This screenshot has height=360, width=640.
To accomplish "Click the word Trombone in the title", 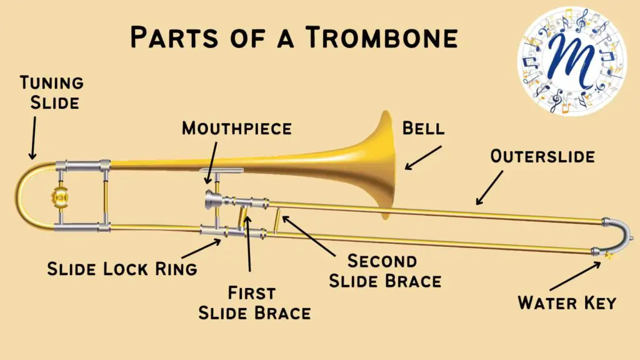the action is point(382,37).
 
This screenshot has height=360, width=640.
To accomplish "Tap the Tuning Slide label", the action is point(52,92).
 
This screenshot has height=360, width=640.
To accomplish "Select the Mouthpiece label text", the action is point(237,129).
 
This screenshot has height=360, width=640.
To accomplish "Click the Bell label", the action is point(423,129).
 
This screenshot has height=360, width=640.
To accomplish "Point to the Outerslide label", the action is point(542,156).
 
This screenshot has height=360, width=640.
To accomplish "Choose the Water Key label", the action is point(567,303).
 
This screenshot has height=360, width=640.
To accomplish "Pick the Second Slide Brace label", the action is point(385,271).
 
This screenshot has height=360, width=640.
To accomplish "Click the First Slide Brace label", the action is point(254,303).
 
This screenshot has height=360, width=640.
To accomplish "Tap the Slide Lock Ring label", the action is point(122,269).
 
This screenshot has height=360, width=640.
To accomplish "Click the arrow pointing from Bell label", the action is point(423,157).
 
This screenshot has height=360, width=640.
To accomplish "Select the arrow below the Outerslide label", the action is point(489,187).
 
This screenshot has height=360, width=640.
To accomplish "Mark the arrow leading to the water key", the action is point(575,276).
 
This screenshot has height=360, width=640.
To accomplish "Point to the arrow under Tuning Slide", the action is point(33,138).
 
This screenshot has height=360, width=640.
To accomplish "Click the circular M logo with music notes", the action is point(572,61).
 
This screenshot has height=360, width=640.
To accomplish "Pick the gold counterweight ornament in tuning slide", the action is point(60,197).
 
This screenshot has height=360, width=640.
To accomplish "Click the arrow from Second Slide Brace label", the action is point(309,236).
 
